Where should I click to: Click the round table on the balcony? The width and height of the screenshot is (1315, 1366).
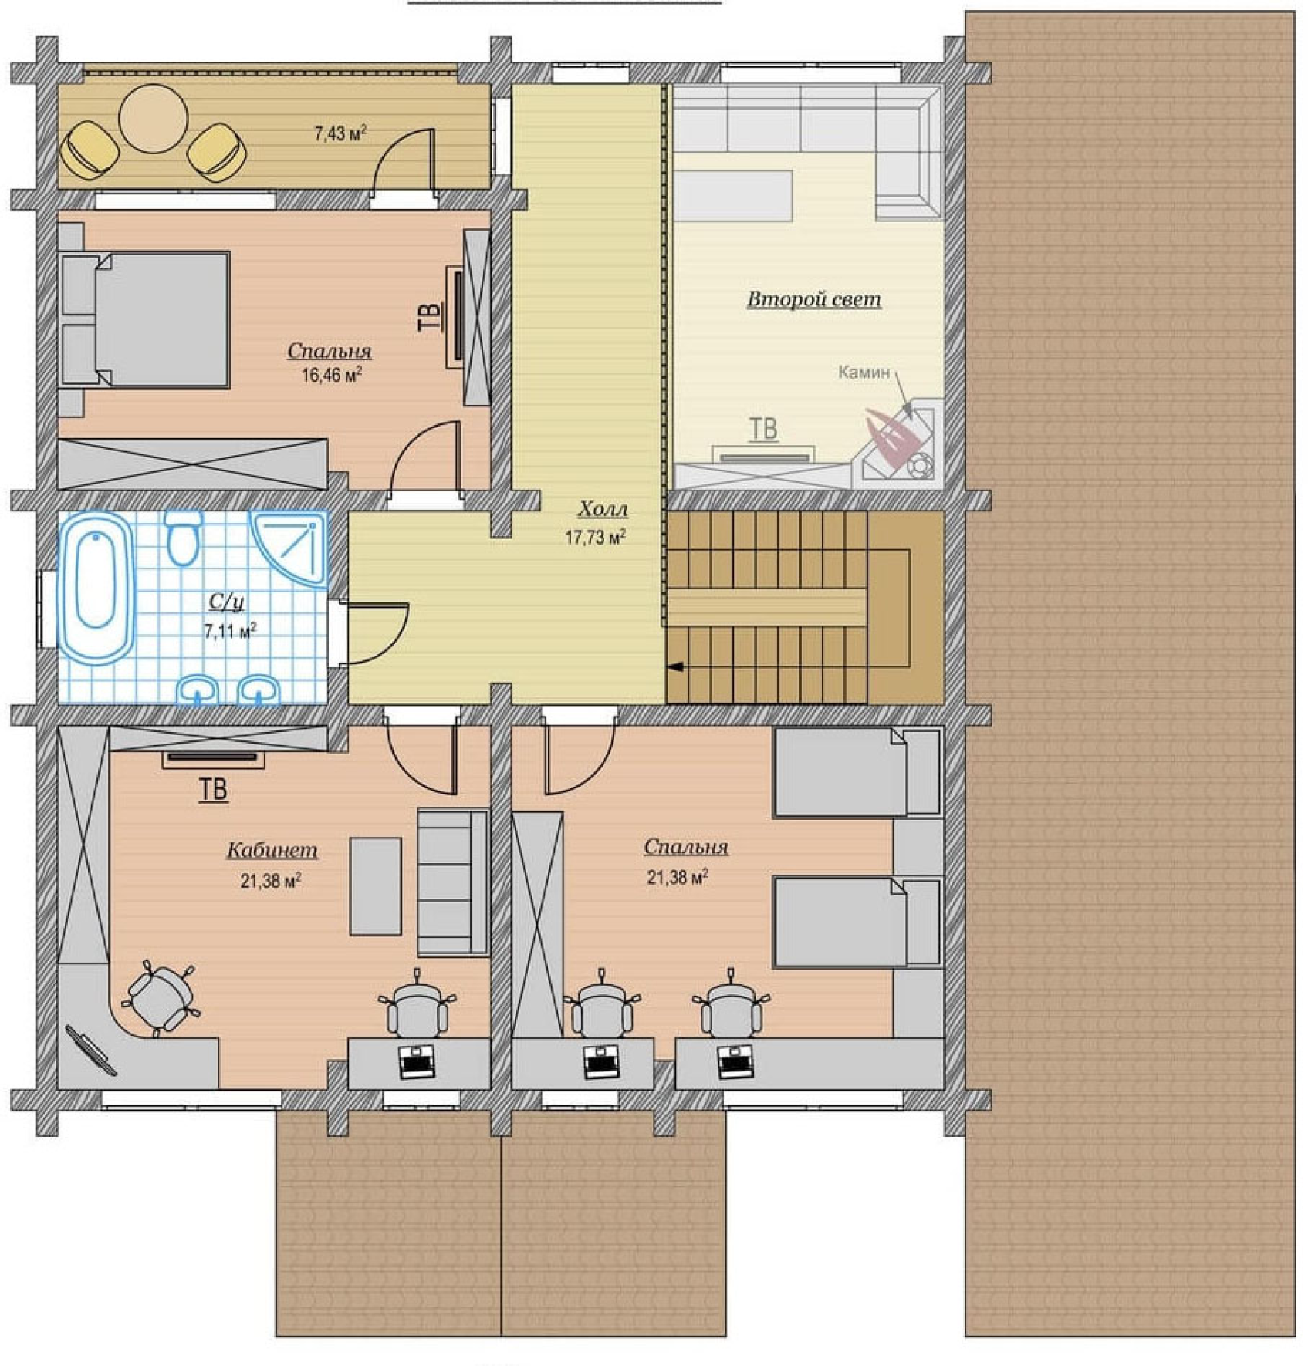click(x=153, y=119)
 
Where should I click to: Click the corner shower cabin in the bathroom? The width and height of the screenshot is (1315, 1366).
click(x=290, y=548)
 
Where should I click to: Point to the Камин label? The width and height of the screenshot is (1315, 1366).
click(x=864, y=373)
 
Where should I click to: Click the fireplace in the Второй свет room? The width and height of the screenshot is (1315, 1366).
click(x=900, y=444)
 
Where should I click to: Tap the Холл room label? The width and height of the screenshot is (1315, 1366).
click(x=603, y=509)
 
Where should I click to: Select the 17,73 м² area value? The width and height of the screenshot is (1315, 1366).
click(x=595, y=537)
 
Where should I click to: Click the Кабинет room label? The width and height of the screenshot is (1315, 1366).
click(x=272, y=850)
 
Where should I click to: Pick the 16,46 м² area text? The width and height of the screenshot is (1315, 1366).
click(x=332, y=376)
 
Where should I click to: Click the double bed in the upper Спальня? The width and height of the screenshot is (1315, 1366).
click(x=145, y=319)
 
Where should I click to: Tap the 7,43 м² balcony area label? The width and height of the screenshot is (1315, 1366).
click(x=340, y=133)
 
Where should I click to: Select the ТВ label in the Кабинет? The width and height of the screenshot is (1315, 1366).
click(x=214, y=790)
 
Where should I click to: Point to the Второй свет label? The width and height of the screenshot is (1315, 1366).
click(x=814, y=299)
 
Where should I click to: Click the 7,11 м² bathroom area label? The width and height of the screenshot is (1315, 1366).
click(x=230, y=631)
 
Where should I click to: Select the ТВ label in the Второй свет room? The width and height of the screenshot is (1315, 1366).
click(x=763, y=429)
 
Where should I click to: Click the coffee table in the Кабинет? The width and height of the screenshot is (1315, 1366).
click(x=376, y=886)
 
